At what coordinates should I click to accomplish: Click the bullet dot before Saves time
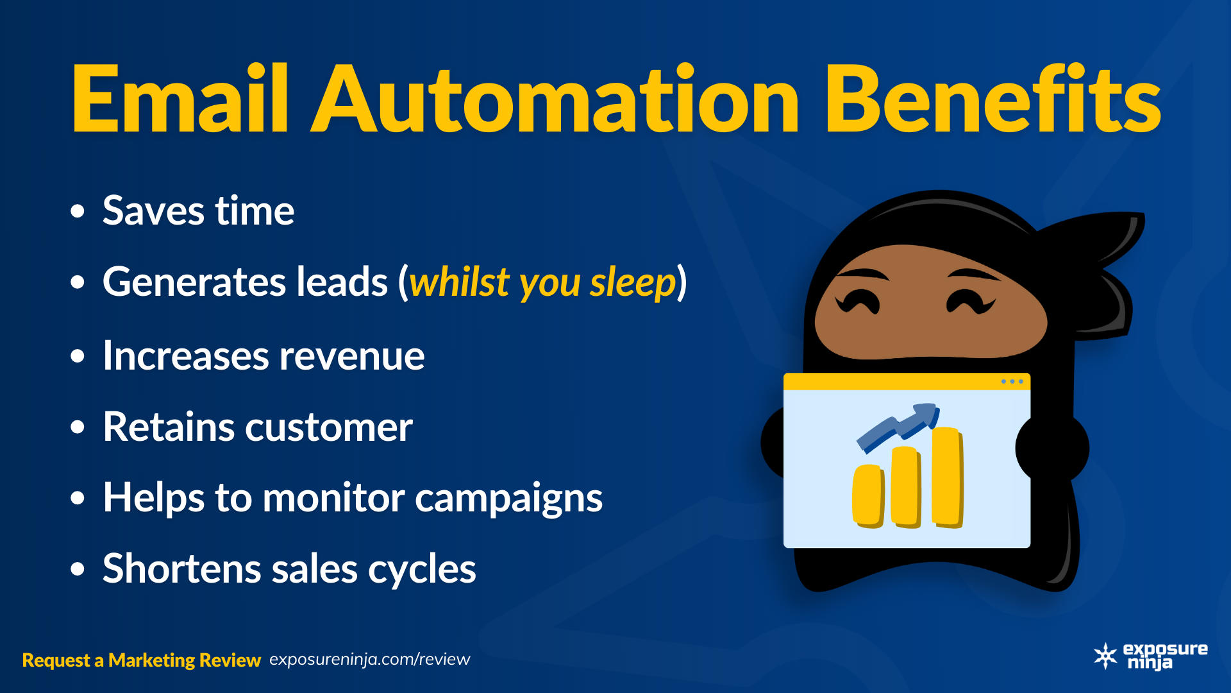78,211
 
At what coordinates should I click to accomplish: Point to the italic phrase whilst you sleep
542,282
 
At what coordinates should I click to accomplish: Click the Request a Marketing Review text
141,660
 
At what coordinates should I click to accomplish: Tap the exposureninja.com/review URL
370,660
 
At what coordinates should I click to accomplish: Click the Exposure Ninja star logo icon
1106,656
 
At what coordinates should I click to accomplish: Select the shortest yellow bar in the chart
869,496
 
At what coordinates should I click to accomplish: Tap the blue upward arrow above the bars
898,427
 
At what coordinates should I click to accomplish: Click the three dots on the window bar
1012,382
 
